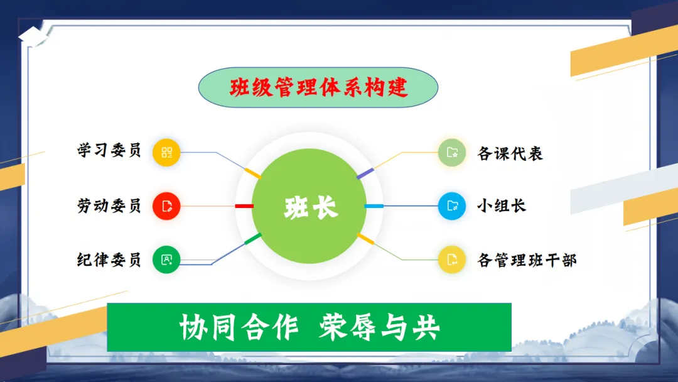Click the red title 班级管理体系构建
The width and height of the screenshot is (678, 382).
click(x=319, y=87)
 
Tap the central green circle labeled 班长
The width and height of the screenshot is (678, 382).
click(x=309, y=206)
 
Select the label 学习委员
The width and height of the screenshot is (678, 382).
click(x=109, y=151)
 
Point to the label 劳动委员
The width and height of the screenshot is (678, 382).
click(x=109, y=205)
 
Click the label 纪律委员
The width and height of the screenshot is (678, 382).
click(x=109, y=259)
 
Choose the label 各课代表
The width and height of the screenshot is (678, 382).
click(x=510, y=153)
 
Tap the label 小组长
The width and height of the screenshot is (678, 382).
click(x=502, y=205)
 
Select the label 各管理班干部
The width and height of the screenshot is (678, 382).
click(x=527, y=260)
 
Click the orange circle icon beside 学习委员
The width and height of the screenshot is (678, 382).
click(x=166, y=152)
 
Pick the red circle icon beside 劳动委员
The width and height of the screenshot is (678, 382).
click(x=166, y=206)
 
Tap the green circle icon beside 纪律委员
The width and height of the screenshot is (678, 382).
click(x=166, y=259)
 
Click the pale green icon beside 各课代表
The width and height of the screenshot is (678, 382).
click(x=452, y=152)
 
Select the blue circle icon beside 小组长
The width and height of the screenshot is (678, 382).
click(x=452, y=206)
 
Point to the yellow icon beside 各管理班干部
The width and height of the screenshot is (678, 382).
click(x=452, y=259)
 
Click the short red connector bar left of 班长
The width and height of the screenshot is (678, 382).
click(x=244, y=206)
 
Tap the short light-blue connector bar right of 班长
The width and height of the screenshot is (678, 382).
click(x=374, y=206)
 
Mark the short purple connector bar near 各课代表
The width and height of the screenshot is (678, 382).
click(x=365, y=173)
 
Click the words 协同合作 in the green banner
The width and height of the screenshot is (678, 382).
click(x=239, y=327)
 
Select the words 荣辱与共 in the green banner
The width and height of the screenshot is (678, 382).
click(x=379, y=327)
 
